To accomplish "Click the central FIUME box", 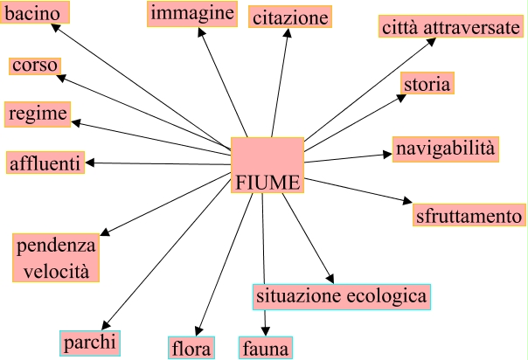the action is [x=267, y=165].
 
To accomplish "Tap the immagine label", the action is [x=192, y=13].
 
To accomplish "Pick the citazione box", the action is [x=291, y=17].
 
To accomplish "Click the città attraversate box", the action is [x=450, y=28].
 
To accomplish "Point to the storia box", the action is [x=427, y=84].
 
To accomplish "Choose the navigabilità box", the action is [x=446, y=149].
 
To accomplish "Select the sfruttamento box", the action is [x=469, y=215].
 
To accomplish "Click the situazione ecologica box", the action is [x=342, y=296].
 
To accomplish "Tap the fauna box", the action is [x=264, y=349].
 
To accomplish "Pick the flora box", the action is [x=191, y=349].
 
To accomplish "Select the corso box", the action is [x=35, y=66].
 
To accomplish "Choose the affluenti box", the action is [x=45, y=163].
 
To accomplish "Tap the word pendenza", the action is [x=56, y=246].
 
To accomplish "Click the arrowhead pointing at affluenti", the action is [x=90, y=163].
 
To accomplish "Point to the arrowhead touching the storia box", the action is [x=401, y=95].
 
